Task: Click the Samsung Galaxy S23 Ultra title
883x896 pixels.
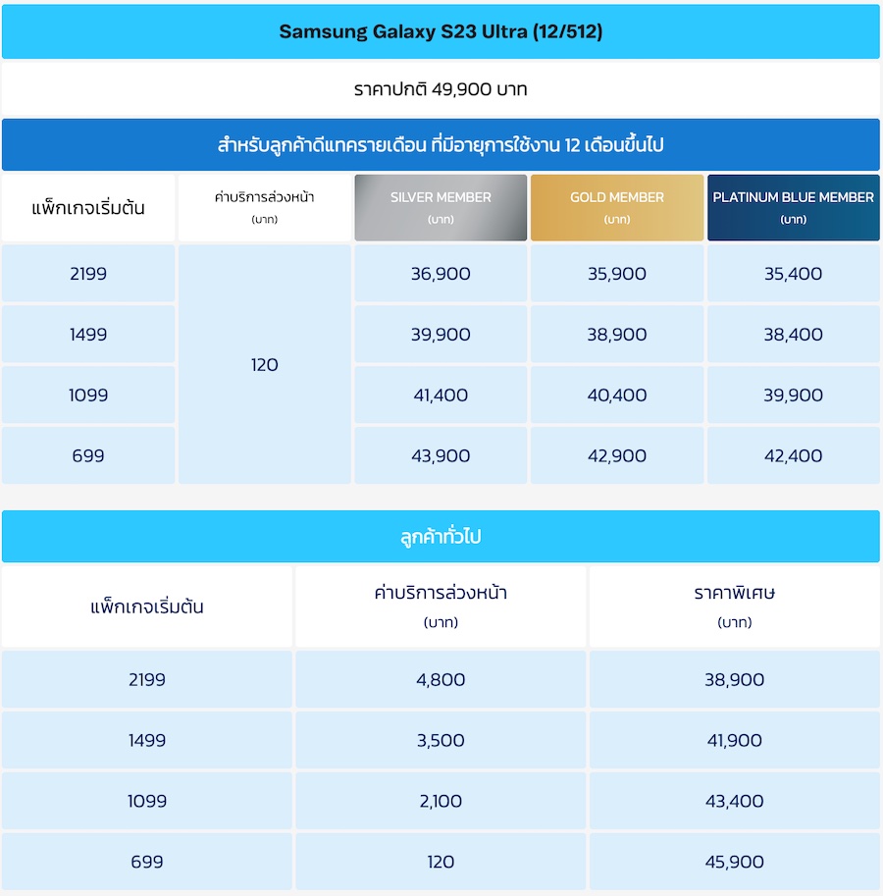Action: coord(441,31)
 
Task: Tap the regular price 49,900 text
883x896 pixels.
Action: coord(441,89)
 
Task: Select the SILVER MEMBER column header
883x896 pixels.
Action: coord(441,207)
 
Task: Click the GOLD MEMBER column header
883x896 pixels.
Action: coord(617,207)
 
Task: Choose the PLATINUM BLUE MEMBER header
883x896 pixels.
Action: coord(793,207)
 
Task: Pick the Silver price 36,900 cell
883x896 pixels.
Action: coord(441,274)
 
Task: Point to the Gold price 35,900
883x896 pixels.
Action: coord(617,274)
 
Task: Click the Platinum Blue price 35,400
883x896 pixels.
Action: coord(793,274)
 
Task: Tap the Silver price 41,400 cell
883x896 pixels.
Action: coord(441,395)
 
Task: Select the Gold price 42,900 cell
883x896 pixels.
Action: coord(617,455)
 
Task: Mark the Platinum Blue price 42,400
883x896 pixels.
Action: coord(793,455)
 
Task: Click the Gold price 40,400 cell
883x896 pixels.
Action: coord(617,395)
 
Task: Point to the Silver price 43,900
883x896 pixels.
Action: coord(441,455)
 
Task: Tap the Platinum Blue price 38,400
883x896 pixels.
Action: coord(793,335)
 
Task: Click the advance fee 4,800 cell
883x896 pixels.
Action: coord(441,679)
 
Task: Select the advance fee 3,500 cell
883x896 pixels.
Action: coord(441,740)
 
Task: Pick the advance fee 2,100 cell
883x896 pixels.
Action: coord(441,801)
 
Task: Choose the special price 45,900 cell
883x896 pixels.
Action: coord(734,862)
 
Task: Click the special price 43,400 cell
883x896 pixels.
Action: coord(734,801)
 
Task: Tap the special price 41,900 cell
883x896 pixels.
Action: coord(734,740)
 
